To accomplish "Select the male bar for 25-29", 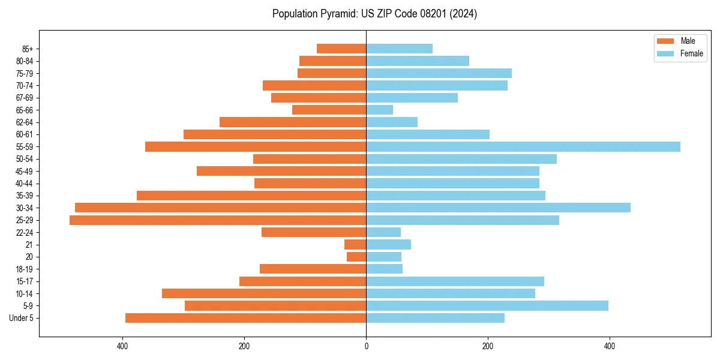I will pyautogui.click(x=218, y=220).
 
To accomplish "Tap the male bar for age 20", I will pyautogui.click(x=356, y=257).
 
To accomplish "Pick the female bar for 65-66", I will pyautogui.click(x=380, y=110).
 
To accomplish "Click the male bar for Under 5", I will pyautogui.click(x=246, y=318).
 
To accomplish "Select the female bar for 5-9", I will pyautogui.click(x=487, y=305).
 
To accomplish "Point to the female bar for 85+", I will pyautogui.click(x=400, y=49).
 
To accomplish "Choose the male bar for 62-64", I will pyautogui.click(x=293, y=122).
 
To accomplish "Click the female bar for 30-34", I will pyautogui.click(x=498, y=208).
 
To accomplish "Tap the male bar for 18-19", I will pyautogui.click(x=313, y=269).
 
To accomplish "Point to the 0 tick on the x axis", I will pyautogui.click(x=366, y=346).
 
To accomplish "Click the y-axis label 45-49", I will pyautogui.click(x=25, y=171).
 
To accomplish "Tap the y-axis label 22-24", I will pyautogui.click(x=25, y=232).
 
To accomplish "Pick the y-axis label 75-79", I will pyautogui.click(x=25, y=73).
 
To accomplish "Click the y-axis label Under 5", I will pyautogui.click(x=22, y=318).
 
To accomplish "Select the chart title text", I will pyautogui.click(x=374, y=14).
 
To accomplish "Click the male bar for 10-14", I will pyautogui.click(x=264, y=293).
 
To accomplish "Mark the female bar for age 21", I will pyautogui.click(x=389, y=244).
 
